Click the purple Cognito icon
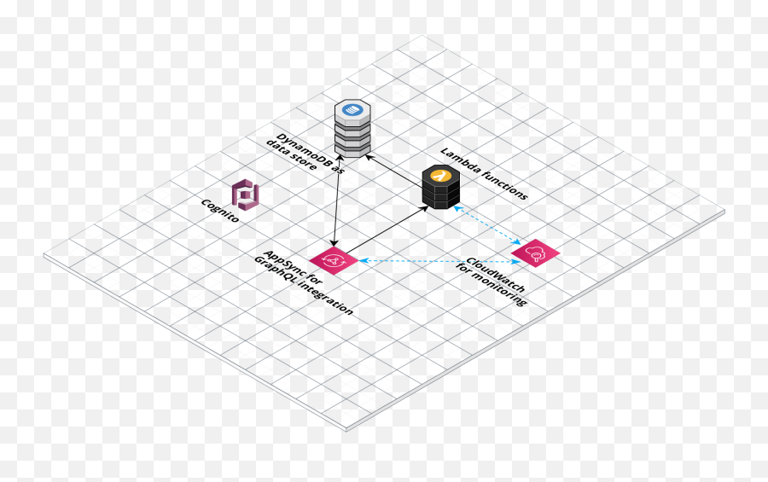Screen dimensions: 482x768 coord(247,195)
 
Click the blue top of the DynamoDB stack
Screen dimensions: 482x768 coord(352,110)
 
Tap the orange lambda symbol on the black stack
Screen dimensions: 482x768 coord(440,174)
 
